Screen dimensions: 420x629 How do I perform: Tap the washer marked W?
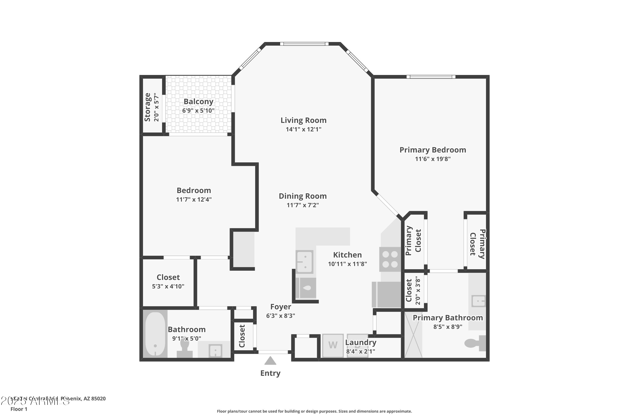coord(333,345)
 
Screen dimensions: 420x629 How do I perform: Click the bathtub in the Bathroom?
coord(155,334)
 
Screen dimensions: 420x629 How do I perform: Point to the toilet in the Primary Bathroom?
coord(475,343)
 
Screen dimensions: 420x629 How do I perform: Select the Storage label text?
coord(147,107)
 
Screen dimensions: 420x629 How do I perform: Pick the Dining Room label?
coord(303,196)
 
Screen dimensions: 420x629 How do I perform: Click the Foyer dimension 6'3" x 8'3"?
coord(280,316)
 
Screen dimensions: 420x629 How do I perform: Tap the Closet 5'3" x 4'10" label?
coord(168,277)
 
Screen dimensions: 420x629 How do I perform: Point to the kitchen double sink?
coord(305,262)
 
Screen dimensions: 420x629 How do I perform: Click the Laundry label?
coord(360,342)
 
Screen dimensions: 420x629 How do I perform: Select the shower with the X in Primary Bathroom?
coord(413,335)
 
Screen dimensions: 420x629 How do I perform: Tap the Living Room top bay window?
coord(304,44)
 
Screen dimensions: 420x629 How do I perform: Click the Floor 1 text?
coord(19,409)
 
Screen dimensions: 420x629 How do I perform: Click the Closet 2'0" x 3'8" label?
coord(409,290)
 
